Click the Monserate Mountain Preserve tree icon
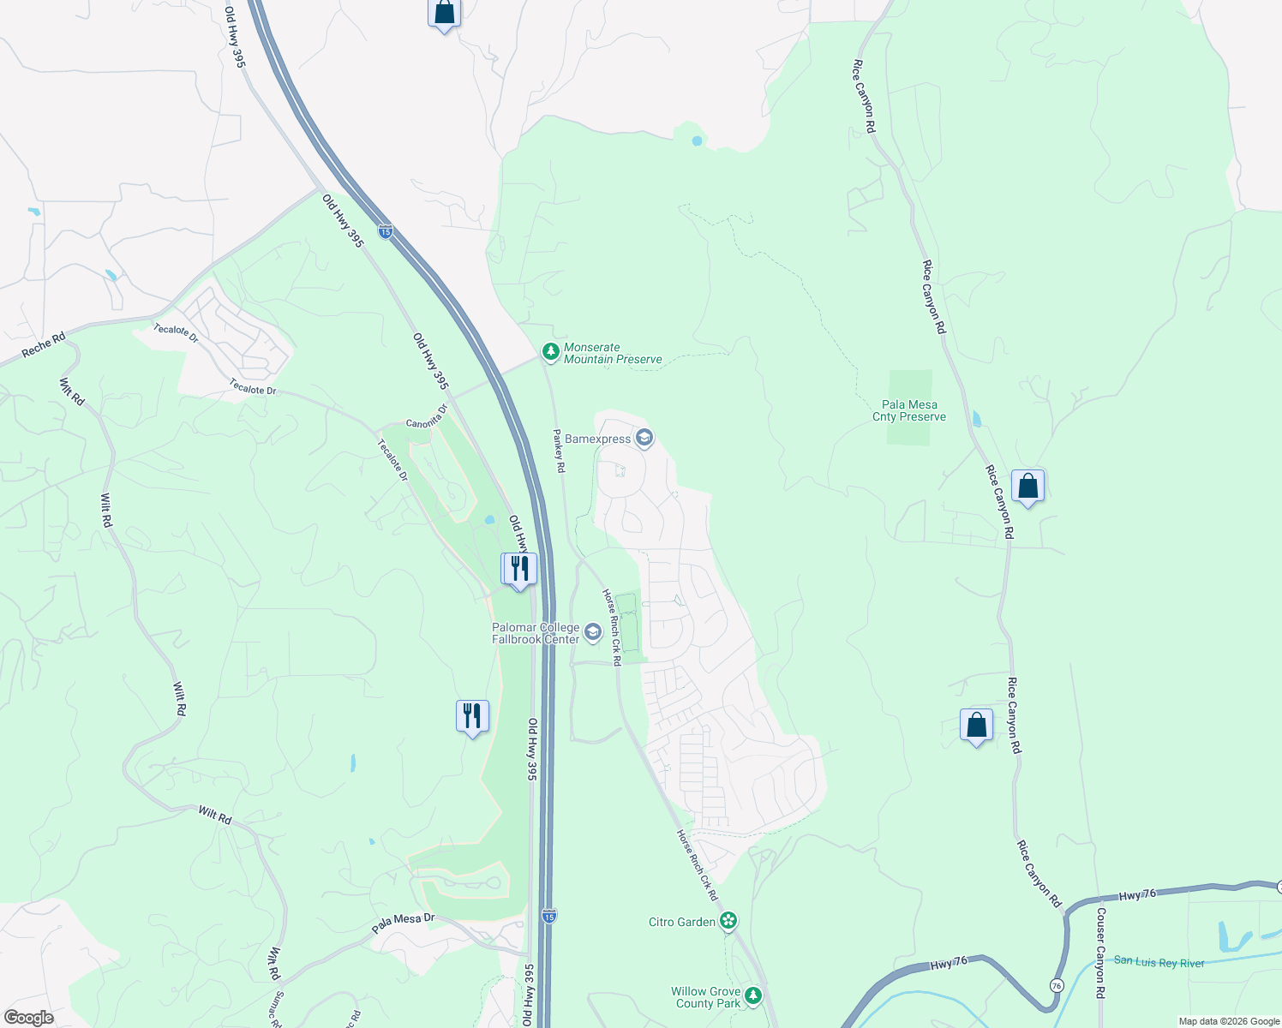coord(551,352)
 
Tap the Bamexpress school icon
coord(644,439)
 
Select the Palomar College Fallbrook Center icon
coord(593,633)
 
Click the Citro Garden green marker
coord(728,922)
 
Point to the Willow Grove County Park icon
coord(753,995)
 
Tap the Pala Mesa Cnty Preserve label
coord(908,411)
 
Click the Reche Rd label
coord(44,344)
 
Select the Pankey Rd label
coord(559,451)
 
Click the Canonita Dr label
coord(427,417)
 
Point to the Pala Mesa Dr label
coord(403,923)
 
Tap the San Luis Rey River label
coord(1159,962)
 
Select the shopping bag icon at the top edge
coord(444,14)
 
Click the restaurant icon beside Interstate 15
coord(518,569)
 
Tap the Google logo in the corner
coord(28,1017)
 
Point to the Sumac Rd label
coord(276,1012)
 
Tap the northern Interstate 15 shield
coord(386,231)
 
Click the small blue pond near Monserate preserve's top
coord(697,140)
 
